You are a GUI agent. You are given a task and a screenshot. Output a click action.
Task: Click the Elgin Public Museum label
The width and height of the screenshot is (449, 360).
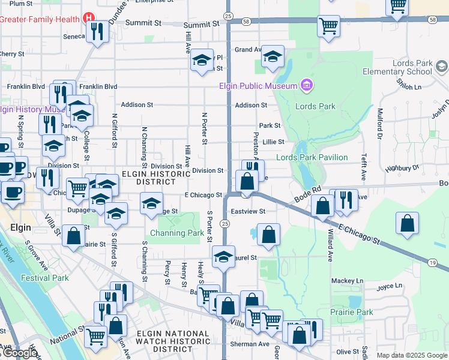point(258,86)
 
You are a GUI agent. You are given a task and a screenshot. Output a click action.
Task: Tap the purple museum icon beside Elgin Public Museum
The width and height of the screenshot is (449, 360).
point(307,85)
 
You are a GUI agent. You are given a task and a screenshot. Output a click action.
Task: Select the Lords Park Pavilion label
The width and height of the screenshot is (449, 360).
point(312,157)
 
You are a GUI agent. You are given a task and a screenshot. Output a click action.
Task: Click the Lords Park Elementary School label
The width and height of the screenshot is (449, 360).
point(397,67)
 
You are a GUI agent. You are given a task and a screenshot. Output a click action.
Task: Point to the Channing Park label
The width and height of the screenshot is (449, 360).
point(177,233)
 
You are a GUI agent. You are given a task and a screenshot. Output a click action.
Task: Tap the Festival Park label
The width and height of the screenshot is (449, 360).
point(44,278)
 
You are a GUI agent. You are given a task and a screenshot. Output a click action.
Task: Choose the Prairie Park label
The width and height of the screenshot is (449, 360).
point(351,312)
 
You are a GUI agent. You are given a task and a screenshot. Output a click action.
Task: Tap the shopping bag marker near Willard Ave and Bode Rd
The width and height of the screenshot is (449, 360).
point(323,206)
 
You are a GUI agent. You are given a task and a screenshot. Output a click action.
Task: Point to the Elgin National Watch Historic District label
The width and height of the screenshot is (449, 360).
point(173,341)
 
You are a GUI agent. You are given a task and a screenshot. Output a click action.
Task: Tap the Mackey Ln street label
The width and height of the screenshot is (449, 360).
point(347,280)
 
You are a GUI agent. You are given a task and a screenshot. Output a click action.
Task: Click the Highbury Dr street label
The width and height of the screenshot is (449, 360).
point(407,170)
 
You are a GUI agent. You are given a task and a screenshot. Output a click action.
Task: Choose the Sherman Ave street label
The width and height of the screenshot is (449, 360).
point(250,344)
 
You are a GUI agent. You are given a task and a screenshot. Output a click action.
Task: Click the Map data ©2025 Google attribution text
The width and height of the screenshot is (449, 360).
point(411,355)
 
